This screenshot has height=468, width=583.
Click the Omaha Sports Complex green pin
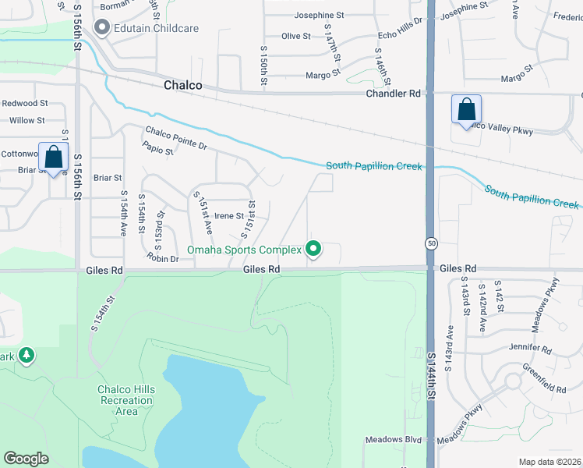tap(313, 250)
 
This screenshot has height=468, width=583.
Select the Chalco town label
tap(183, 85)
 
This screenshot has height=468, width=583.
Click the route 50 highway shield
tap(430, 243)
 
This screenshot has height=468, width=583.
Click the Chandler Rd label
tap(394, 93)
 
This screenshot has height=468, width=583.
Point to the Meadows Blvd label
tap(393, 440)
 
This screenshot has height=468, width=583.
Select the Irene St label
tap(229, 216)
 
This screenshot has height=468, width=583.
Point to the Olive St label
tap(296, 36)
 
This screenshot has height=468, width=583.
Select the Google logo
tap(26, 458)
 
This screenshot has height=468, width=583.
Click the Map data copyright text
tap(550, 463)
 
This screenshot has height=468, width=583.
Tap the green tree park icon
tap(27, 356)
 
